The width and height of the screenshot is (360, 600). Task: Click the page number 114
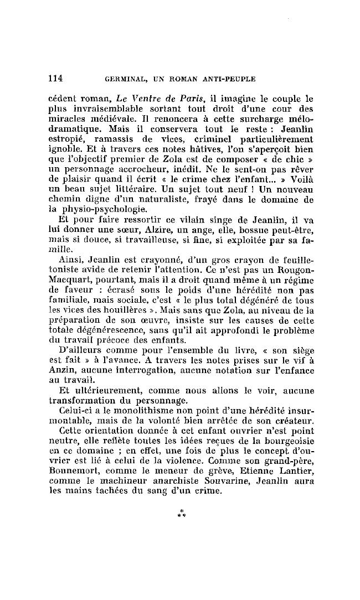pyautogui.click(x=56, y=79)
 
